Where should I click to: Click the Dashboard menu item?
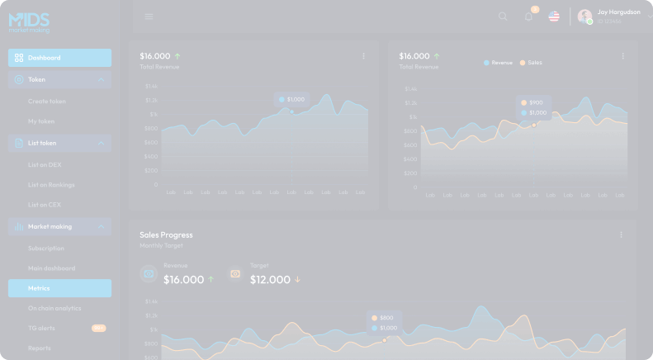click(x=59, y=58)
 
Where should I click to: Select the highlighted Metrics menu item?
click(x=59, y=288)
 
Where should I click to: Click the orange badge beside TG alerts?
click(x=98, y=328)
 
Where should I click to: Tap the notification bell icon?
click(x=528, y=17)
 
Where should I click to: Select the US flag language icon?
click(x=554, y=17)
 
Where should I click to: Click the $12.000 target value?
click(x=270, y=280)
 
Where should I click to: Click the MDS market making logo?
click(x=29, y=21)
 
